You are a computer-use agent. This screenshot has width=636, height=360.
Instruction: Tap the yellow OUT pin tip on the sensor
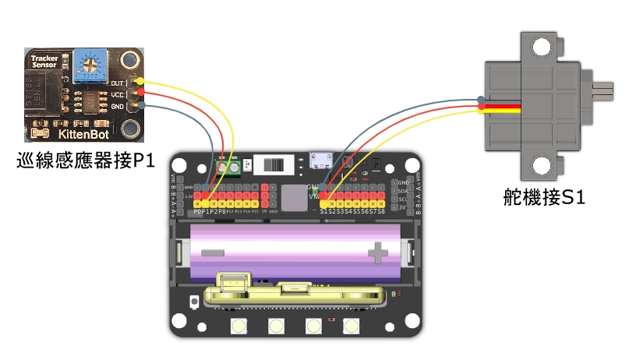click(140, 81)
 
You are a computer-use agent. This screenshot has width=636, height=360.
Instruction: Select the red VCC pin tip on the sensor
click(140, 94)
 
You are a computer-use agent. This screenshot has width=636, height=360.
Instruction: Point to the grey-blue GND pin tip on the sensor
click(140, 107)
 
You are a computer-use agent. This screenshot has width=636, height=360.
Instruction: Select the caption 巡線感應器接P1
click(86, 162)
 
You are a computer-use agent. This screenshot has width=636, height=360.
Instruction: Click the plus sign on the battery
click(379, 251)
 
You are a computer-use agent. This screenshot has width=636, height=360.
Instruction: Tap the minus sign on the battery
click(212, 252)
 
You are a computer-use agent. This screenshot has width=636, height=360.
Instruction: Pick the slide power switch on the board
click(276, 166)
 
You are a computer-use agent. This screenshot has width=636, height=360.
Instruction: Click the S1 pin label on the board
click(324, 210)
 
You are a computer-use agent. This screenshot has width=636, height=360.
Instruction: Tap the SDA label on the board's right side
click(403, 190)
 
